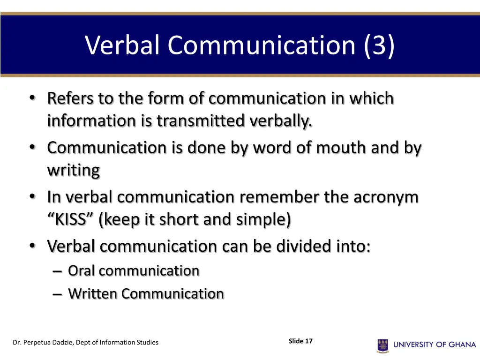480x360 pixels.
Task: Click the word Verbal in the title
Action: coord(123,45)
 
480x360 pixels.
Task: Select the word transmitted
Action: coord(200,121)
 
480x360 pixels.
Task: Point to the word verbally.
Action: coord(280,121)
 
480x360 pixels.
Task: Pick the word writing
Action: coord(73,170)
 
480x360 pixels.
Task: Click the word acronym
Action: coord(386,197)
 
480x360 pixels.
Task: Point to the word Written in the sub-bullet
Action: coord(93,294)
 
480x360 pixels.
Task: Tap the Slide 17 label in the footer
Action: coord(300,341)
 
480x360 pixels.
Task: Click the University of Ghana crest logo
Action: coord(382,345)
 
